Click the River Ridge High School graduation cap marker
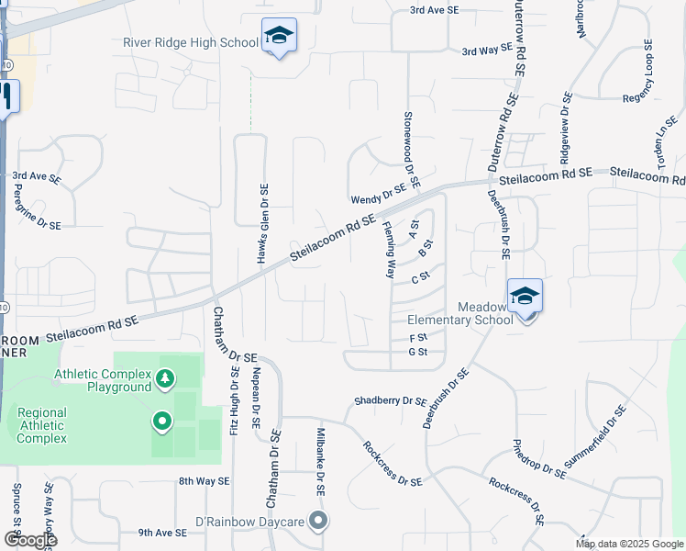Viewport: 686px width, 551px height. click(x=279, y=37)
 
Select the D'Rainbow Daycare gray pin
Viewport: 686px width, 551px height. click(x=318, y=522)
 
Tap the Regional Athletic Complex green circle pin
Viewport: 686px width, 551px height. click(x=162, y=422)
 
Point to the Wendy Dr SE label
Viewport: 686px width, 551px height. click(x=378, y=198)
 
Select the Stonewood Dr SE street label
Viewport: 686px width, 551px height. click(x=410, y=151)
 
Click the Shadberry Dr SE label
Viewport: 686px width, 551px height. click(x=392, y=401)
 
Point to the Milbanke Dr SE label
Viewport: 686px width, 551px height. click(x=321, y=462)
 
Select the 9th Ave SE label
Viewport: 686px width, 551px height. click(x=162, y=532)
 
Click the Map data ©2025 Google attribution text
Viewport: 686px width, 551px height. click(x=630, y=544)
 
